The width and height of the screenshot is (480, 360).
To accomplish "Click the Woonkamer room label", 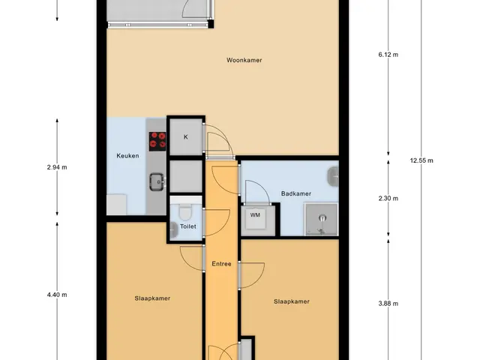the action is coord(244,60).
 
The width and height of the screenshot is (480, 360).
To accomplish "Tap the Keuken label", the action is coord(127,156).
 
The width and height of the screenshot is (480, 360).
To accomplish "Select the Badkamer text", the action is coord(296,193).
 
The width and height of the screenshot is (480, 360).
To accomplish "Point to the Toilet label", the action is coord(188,226).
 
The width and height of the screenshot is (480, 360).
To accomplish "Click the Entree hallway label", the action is coord(221,264).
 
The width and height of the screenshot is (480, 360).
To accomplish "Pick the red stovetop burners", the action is coord(157,142).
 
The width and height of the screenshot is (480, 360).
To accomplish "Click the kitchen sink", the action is coord(157,181).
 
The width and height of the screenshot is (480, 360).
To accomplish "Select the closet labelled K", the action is coord(186,136).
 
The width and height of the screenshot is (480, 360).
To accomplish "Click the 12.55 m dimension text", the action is coord(421,160).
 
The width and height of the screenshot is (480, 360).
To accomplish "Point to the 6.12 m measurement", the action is coord(388,55).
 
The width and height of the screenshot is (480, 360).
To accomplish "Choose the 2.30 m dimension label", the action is coord(388,198).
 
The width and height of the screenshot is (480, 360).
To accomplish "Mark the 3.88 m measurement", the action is coord(388,304).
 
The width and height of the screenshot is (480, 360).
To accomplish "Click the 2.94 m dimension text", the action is coord(57,167).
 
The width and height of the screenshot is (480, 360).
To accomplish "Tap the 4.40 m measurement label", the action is coord(57,295).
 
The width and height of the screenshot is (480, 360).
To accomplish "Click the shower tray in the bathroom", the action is coord(321,220).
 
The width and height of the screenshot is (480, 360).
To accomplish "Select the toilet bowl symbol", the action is coord(185,212).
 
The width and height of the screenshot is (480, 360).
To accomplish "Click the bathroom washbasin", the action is coord(333,177).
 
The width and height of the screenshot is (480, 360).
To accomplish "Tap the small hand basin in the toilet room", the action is coord(174,230).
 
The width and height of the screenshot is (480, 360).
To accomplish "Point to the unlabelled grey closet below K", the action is coord(186,176).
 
